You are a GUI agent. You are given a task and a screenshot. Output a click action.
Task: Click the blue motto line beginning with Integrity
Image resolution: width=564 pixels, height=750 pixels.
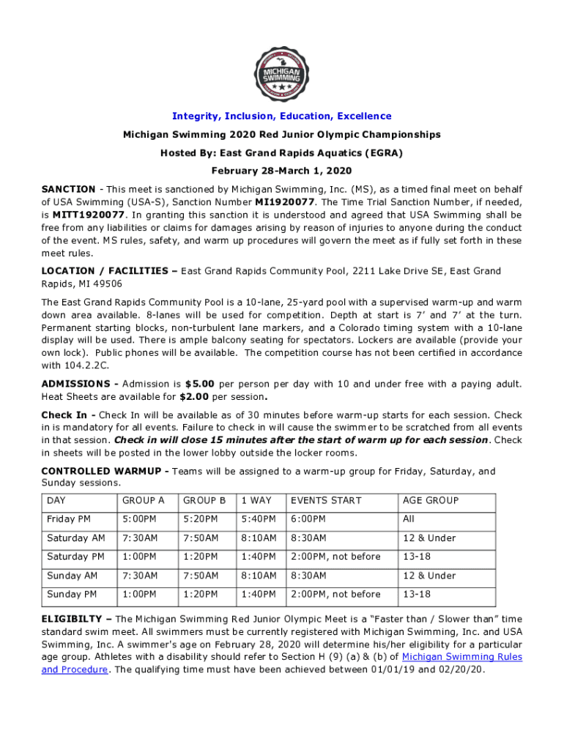(x=281, y=116)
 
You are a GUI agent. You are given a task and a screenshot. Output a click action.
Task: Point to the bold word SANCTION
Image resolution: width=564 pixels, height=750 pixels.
(x=68, y=189)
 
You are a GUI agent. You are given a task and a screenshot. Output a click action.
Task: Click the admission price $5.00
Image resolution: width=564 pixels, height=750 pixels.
(x=200, y=384)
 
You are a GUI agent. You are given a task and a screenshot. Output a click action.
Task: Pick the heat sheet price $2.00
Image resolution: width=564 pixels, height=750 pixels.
(x=194, y=396)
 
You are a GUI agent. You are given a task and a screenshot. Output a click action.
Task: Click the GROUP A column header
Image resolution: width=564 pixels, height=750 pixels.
(x=144, y=500)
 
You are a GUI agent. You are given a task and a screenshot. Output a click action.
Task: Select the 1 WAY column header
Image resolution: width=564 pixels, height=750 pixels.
(x=256, y=500)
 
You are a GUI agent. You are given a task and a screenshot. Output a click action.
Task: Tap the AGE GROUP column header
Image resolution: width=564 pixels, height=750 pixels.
(x=431, y=500)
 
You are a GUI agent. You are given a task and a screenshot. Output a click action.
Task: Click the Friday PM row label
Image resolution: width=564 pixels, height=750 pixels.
(x=69, y=519)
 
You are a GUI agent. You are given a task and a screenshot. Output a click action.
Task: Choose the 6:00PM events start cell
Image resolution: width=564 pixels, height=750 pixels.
(x=311, y=519)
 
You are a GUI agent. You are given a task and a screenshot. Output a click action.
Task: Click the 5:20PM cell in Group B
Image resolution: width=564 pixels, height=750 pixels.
(x=200, y=519)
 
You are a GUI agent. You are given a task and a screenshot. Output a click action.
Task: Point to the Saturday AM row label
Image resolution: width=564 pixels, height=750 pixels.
(x=75, y=538)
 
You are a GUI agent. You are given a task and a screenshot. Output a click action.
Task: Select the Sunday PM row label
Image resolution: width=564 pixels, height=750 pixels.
(x=74, y=594)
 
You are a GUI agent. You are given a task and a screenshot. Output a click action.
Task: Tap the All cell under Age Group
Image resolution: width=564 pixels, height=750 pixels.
(x=408, y=519)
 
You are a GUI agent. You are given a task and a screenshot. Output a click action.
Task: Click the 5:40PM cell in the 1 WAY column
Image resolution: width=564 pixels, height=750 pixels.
(x=259, y=519)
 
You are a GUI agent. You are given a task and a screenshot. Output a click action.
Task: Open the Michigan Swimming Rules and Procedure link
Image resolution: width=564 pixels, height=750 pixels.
(x=461, y=657)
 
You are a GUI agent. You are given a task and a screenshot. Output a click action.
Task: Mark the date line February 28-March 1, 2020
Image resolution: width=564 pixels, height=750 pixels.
(x=281, y=171)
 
